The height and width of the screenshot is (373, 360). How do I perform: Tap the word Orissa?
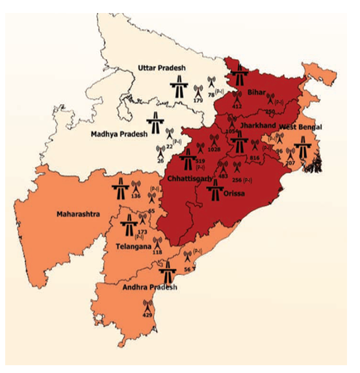pos(236,192)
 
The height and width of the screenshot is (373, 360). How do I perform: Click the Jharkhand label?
pos(258,125)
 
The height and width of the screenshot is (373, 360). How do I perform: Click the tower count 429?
pos(148,315)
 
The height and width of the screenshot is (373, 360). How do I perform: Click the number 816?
pos(254,158)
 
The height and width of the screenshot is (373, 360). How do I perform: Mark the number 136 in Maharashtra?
pos(136,196)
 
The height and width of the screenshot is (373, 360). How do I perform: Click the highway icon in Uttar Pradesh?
pos(178,84)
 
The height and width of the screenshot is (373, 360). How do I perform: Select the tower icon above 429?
pos(148,305)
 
